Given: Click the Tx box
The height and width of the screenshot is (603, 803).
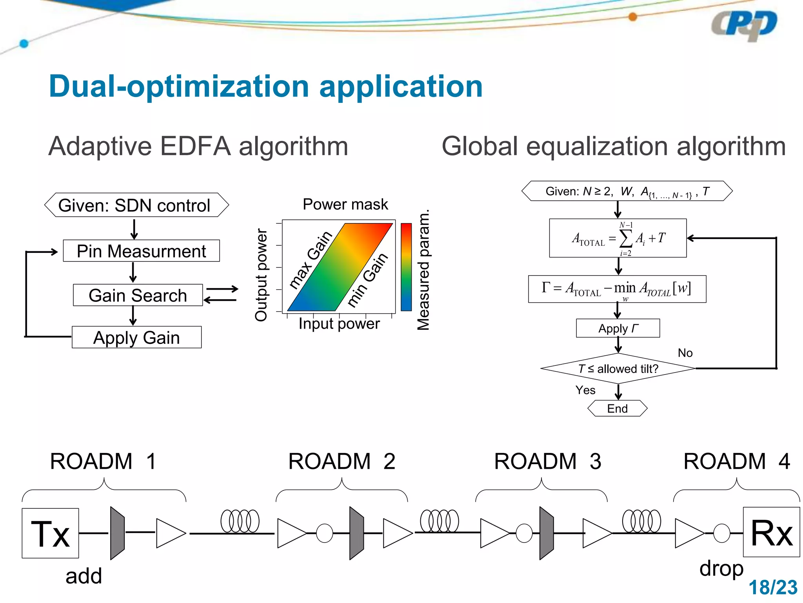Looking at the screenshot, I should tap(50, 533).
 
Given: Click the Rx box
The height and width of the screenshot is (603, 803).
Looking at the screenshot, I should tap(771, 532).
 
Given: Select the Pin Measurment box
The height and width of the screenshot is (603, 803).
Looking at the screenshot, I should tap(141, 251).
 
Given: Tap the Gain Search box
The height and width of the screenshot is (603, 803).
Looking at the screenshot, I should tap(138, 295).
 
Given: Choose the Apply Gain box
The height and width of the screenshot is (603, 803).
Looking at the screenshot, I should tap(136, 337).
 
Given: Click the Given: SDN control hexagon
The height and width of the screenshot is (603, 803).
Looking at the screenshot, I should tap(136, 205).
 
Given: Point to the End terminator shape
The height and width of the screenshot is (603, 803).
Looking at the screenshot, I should tap(617, 408).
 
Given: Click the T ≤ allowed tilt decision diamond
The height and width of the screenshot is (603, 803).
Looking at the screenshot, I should tap(618, 369).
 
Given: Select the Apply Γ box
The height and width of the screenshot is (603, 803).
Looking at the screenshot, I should tap(618, 328).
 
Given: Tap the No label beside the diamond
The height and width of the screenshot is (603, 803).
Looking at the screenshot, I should tap(685, 353).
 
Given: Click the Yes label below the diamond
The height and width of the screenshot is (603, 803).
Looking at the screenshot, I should tap(585, 390).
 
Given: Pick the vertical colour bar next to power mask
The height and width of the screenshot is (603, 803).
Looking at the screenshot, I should tap(406, 267).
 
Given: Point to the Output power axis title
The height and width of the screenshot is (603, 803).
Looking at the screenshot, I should tap(261, 275).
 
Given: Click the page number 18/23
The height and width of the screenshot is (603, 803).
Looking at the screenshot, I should tap(773, 588).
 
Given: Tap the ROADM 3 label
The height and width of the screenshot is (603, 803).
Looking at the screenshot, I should tap(547, 461).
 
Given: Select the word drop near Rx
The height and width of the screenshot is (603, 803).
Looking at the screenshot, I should tap(721, 568).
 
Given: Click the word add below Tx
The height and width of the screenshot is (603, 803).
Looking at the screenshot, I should tap(84, 576).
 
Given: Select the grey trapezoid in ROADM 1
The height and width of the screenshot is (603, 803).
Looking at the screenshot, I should tap(117, 533).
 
